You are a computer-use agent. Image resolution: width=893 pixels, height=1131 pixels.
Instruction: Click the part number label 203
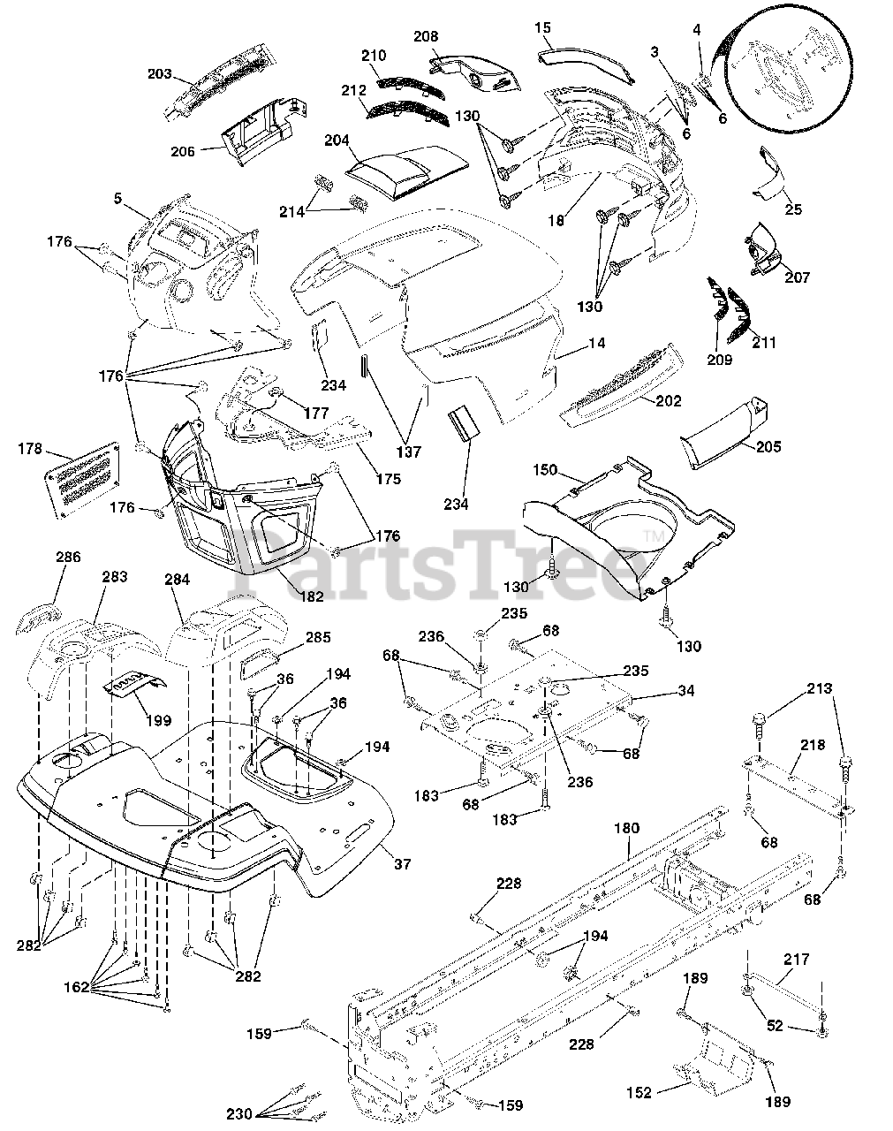(159, 74)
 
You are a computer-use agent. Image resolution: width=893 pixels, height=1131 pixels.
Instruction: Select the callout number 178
(30, 449)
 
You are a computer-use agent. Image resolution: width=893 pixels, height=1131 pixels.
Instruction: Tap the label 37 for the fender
(403, 864)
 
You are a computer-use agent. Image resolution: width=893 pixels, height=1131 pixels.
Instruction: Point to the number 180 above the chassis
(626, 829)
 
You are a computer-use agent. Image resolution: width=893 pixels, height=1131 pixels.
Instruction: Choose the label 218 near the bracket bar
(814, 745)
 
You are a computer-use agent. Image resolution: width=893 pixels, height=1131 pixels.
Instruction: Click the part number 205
(768, 447)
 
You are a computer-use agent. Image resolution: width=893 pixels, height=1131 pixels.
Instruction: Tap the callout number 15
(543, 28)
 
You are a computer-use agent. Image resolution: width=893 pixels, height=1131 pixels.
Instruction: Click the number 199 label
(158, 720)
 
